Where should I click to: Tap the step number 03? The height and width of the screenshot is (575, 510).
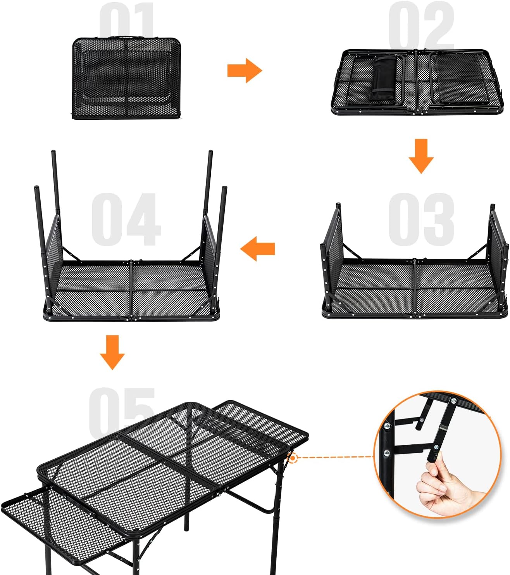click(421, 219)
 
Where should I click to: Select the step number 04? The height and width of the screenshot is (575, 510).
click(126, 219)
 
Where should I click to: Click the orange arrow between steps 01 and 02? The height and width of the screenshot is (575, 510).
click(245, 71)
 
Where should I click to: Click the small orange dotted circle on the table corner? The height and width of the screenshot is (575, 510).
click(293, 458)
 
